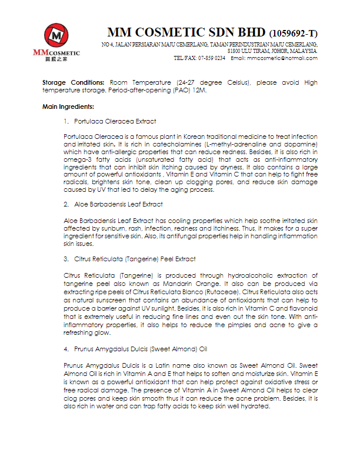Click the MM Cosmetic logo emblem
point(55,36)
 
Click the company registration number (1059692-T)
point(293,33)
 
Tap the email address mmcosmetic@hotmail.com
point(282,58)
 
